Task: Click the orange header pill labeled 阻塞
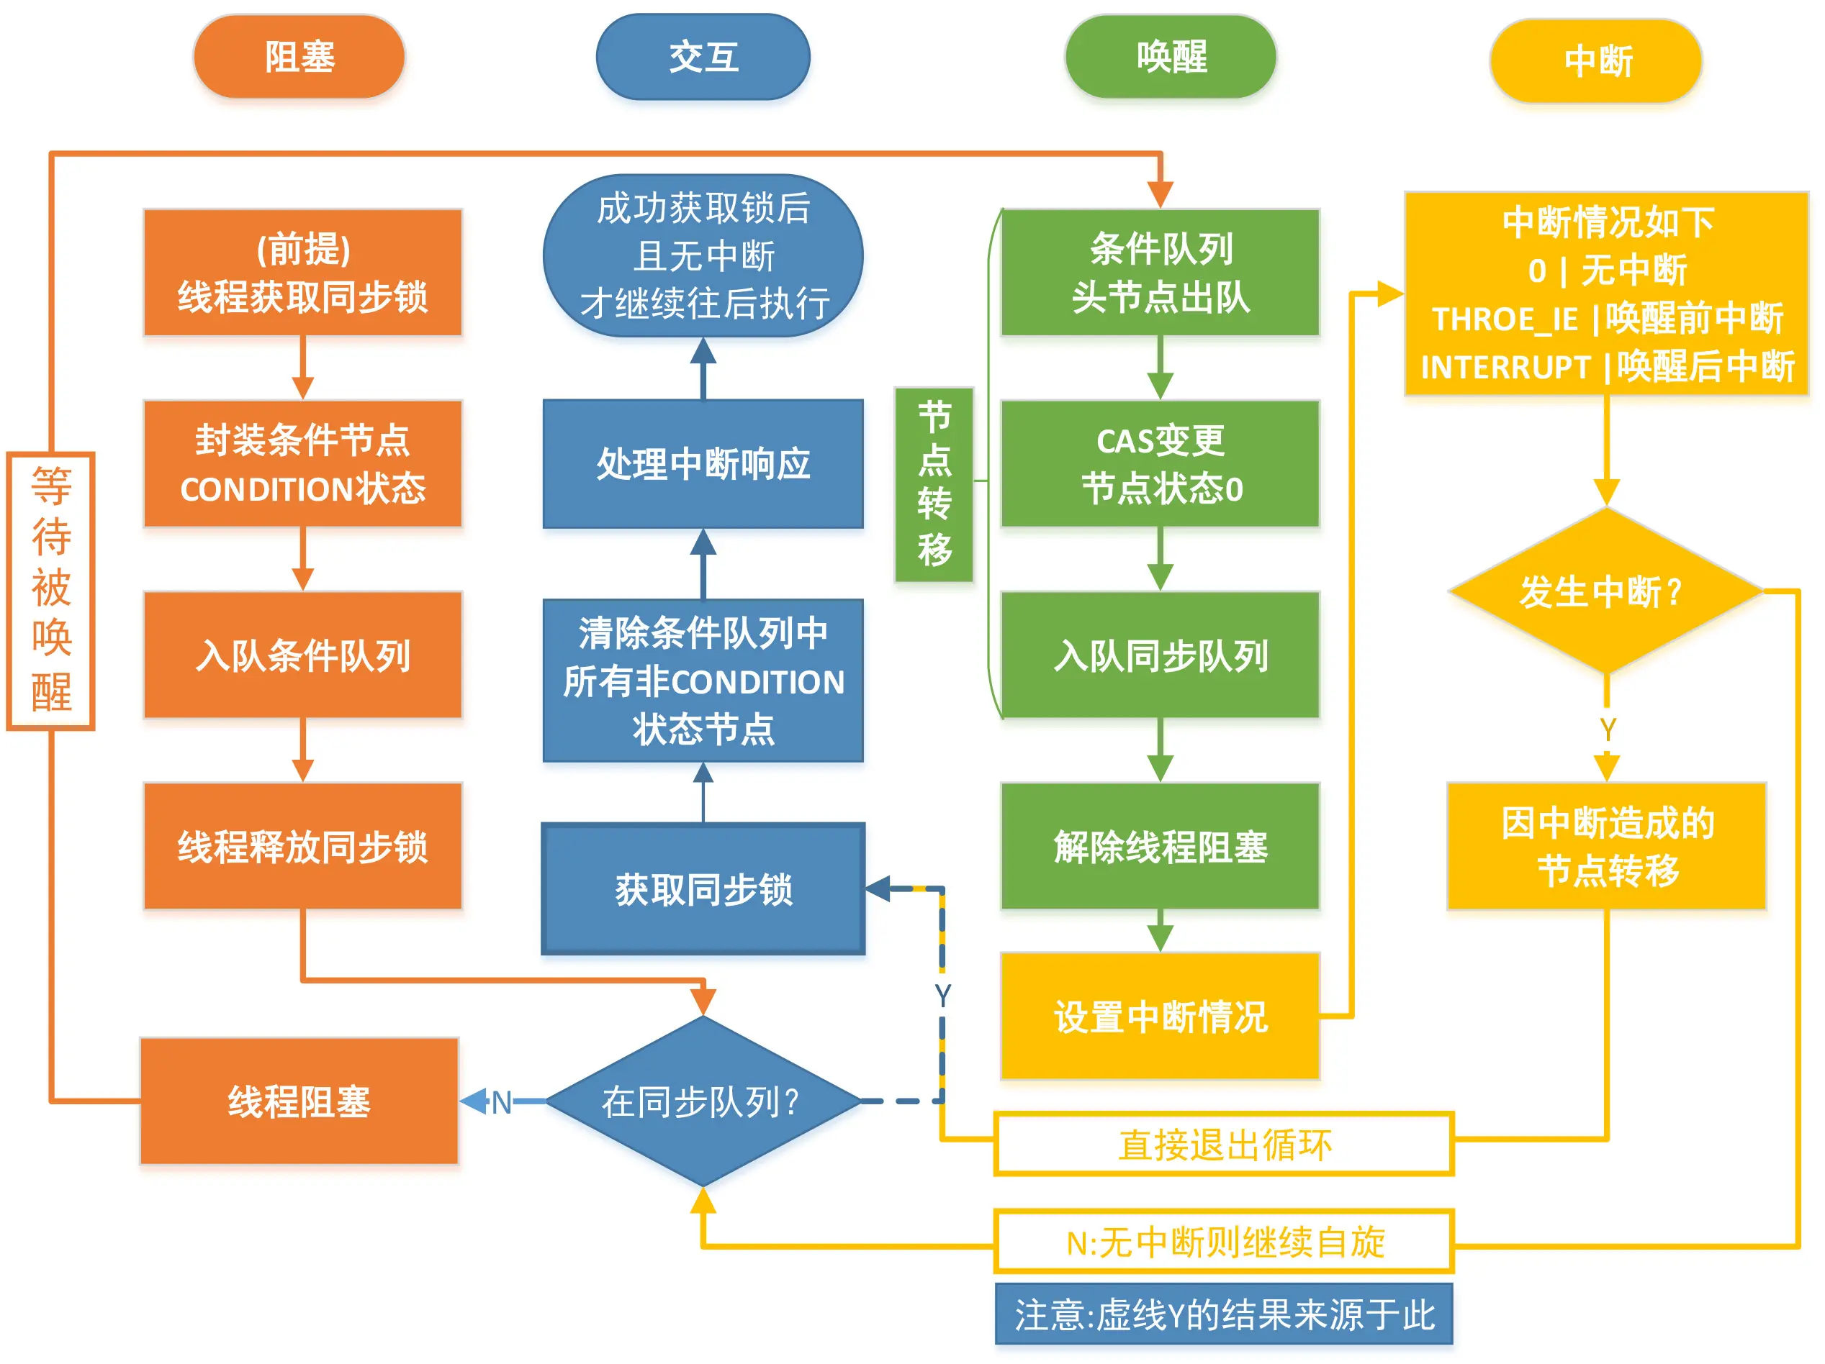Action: coord(299,56)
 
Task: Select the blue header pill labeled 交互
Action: coord(703,56)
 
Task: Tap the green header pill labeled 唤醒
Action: coord(1171,56)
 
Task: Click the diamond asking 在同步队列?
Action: coord(702,1101)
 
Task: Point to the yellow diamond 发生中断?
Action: coord(1605,591)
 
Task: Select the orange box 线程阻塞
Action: coord(299,1101)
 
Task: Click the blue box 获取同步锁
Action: coord(703,889)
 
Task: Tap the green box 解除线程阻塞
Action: coord(1160,846)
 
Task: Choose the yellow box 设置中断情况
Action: coord(1160,1016)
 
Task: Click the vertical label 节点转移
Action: coord(934,484)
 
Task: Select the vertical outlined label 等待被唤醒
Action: coord(51,591)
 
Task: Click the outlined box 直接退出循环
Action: coord(1224,1144)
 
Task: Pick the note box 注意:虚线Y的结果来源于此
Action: coord(1224,1314)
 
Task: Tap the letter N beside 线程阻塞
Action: coord(501,1103)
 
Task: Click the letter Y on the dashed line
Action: coord(942,996)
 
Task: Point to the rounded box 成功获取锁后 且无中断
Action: coord(703,255)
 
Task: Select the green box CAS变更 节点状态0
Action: coord(1160,463)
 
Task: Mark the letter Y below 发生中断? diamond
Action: coord(1607,729)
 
